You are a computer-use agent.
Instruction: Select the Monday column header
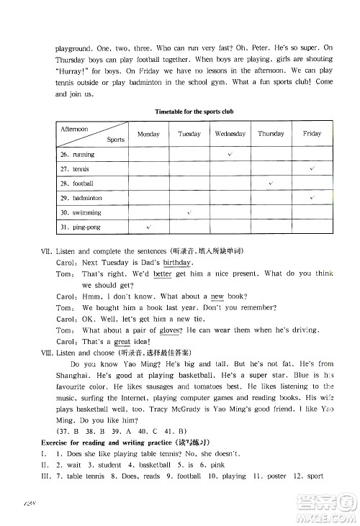pos(148,135)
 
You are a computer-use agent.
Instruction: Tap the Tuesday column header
pos(189,135)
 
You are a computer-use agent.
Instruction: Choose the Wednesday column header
pos(230,135)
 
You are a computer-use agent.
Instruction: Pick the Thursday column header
pos(271,135)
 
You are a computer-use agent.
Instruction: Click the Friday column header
pos(312,135)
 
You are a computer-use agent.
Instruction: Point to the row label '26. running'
pos(78,155)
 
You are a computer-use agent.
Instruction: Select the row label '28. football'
pos(78,183)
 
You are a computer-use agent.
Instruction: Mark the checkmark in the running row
pos(230,154)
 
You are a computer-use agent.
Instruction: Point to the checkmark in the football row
pos(271,183)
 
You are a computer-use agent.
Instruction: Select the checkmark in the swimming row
pos(189,212)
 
